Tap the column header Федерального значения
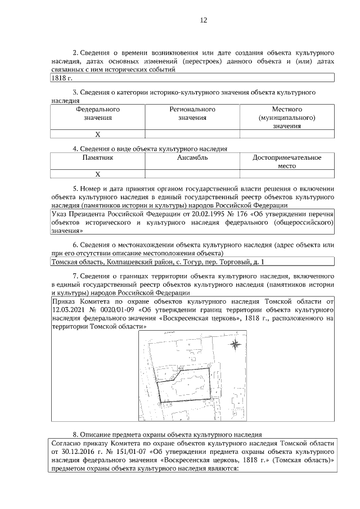coord(98,114)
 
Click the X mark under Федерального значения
coord(97,134)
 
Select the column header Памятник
coord(98,159)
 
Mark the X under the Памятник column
coord(97,175)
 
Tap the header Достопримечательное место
coord(287,163)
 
